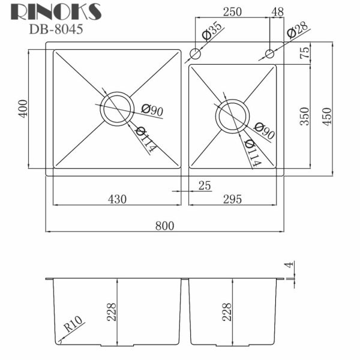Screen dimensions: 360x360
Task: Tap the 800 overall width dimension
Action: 164,226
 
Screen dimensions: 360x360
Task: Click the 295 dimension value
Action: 231,200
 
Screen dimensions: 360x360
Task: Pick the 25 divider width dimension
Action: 204,186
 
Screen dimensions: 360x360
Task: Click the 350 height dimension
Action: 304,115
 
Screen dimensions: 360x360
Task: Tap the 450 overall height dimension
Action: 326,115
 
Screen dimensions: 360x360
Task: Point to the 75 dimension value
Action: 304,52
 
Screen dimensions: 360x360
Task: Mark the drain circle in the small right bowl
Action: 232,116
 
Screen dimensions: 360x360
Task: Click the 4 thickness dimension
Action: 289,265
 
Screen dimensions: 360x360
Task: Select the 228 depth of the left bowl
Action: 112,313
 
